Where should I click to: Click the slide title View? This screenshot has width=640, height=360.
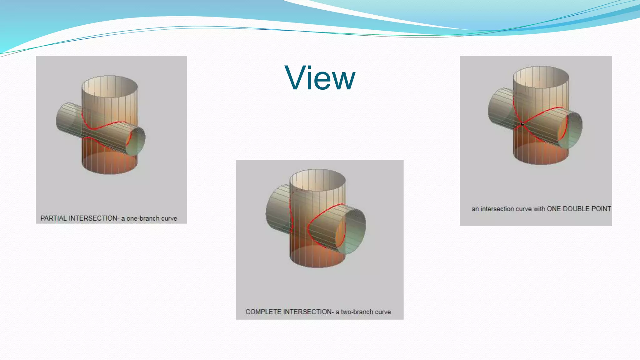[320, 78]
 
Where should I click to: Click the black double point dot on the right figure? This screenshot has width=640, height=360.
[522, 124]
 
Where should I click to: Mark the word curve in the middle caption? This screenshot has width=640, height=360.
[383, 312]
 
